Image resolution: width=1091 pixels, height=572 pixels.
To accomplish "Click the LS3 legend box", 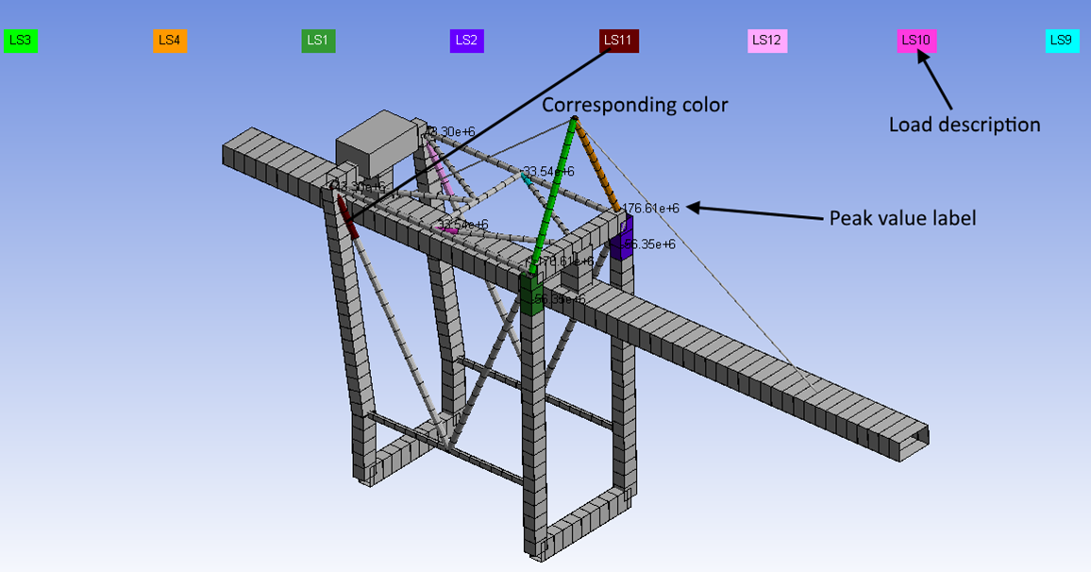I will click(x=20, y=41).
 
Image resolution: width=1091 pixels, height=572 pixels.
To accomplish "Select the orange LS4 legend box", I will click(x=170, y=41).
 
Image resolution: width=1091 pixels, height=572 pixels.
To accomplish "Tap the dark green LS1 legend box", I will click(x=318, y=41).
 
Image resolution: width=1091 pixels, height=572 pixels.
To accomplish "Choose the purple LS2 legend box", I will click(x=467, y=41).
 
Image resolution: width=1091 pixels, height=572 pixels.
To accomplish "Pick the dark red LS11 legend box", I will click(x=619, y=41).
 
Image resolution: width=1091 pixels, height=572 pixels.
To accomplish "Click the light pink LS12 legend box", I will click(x=767, y=41).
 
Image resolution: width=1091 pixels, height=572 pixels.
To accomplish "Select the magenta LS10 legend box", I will click(x=916, y=41).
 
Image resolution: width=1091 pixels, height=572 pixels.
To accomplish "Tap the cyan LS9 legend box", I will click(x=1062, y=41).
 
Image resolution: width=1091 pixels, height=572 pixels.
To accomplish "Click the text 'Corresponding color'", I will click(x=634, y=105).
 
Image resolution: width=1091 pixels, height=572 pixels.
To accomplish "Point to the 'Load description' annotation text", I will click(x=965, y=125).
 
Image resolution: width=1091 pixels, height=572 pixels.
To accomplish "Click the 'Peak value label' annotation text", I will click(x=902, y=218).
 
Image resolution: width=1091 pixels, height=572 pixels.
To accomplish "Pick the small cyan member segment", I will click(x=526, y=177).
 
